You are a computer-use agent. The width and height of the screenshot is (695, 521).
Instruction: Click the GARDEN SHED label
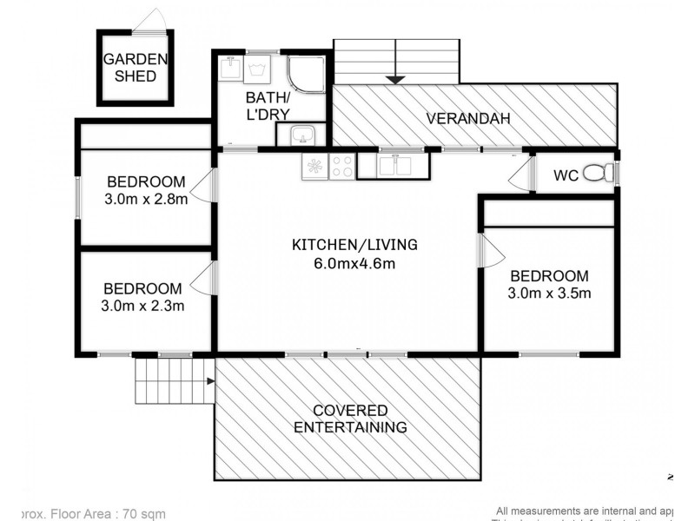click(134, 68)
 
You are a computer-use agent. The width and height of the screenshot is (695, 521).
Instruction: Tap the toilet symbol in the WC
click(596, 175)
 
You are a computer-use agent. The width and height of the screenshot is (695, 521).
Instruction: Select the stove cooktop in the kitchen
click(341, 166)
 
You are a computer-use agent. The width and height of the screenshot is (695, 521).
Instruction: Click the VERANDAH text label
click(467, 119)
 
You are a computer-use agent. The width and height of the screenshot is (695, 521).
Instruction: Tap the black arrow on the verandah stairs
click(396, 79)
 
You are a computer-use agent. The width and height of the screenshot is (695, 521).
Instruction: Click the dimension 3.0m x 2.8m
click(146, 198)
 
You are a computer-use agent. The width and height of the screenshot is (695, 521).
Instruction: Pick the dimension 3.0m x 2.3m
click(143, 306)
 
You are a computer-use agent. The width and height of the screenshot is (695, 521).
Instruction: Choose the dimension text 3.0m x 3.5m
click(549, 293)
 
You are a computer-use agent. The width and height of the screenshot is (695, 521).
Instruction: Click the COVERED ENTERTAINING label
click(350, 419)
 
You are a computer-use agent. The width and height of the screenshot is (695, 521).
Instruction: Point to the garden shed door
click(153, 23)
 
